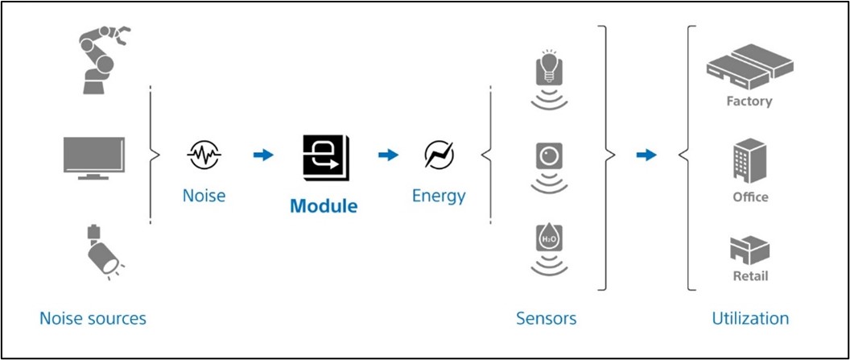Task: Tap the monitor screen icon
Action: (94, 158)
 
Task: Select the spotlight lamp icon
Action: (102, 251)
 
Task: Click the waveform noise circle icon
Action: (204, 155)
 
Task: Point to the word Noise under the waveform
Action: (204, 195)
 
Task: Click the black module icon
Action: (326, 157)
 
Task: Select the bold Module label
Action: (324, 206)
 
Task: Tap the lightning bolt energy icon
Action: (439, 155)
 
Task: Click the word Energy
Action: (439, 197)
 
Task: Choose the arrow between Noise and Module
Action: (263, 155)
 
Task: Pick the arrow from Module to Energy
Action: (388, 155)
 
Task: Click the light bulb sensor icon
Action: (549, 79)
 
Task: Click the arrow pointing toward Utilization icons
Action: (646, 155)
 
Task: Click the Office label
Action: (750, 197)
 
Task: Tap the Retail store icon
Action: (750, 250)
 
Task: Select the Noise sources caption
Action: (93, 317)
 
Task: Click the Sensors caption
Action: (546, 317)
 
